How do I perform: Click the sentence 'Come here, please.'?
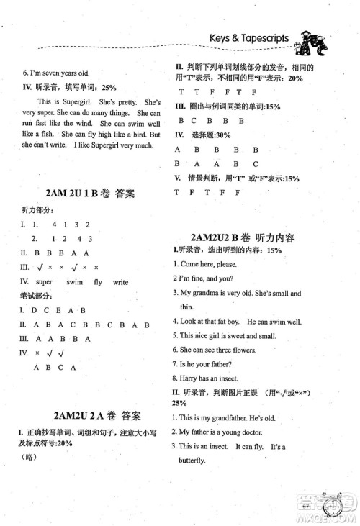(215, 264)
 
